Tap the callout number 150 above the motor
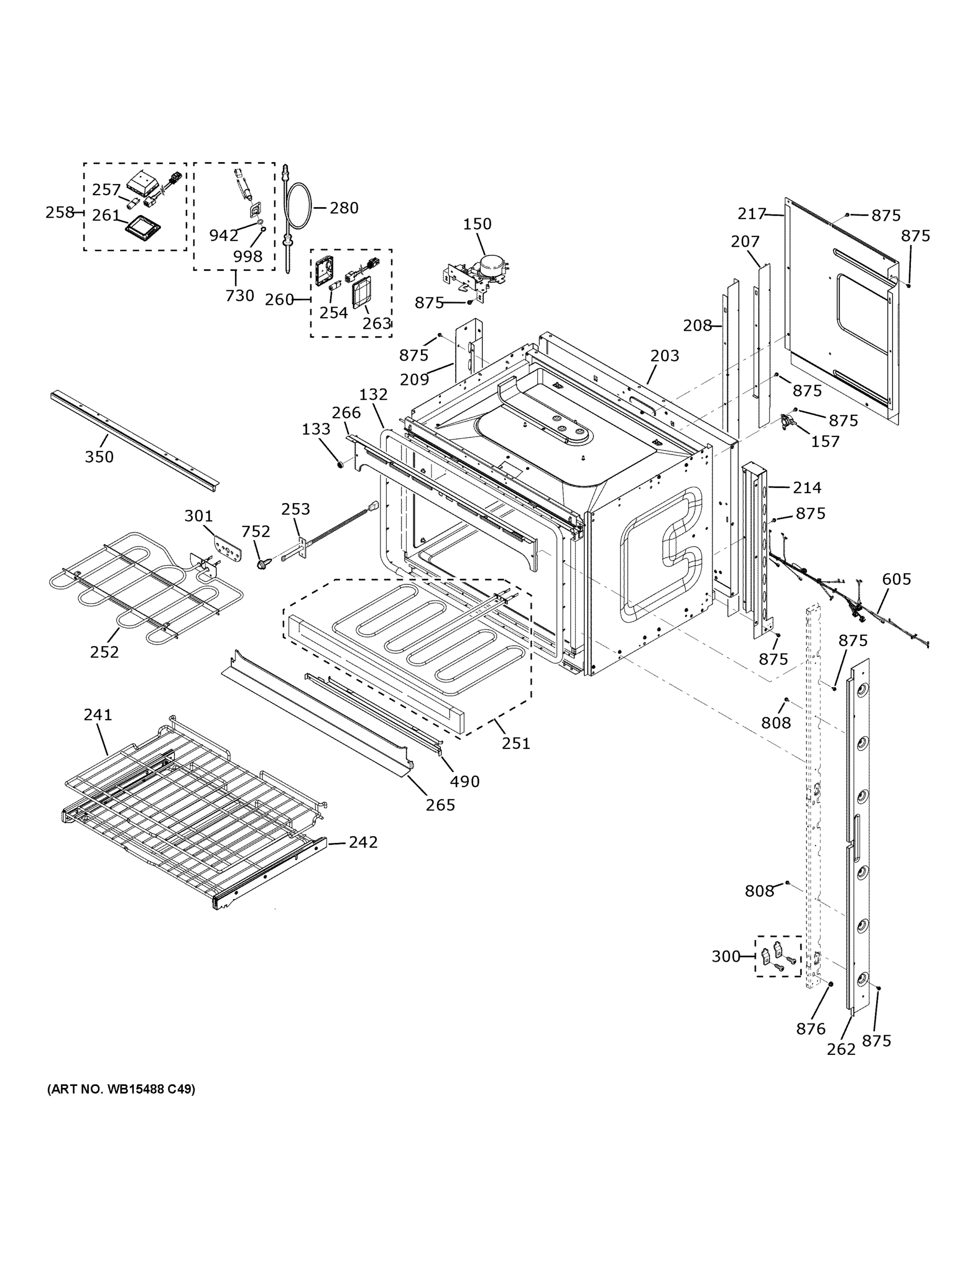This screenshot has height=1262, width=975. click(x=477, y=223)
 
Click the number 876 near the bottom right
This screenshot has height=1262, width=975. click(x=810, y=1028)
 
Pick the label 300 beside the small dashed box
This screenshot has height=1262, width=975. click(x=725, y=956)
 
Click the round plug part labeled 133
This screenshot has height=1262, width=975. click(x=340, y=463)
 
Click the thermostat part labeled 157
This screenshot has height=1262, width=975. click(x=788, y=422)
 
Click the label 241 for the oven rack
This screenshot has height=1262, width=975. click(x=98, y=715)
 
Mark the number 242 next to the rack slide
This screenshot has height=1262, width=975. click(x=363, y=842)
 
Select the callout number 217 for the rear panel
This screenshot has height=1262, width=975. click(x=751, y=214)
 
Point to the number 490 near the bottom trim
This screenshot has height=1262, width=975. click(x=465, y=781)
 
